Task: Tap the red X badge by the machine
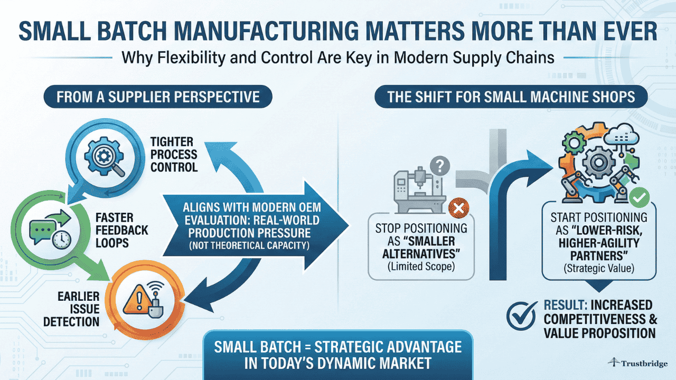(458, 210)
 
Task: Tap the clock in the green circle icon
(61, 239)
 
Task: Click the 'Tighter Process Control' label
(174, 155)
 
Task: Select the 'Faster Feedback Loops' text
(122, 231)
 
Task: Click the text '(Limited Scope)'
(421, 266)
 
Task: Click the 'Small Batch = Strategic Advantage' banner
(337, 355)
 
